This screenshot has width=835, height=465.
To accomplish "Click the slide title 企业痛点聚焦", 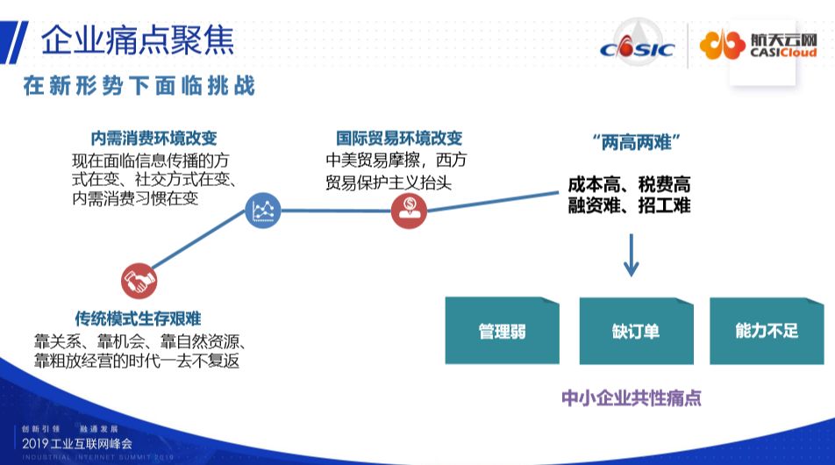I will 137,39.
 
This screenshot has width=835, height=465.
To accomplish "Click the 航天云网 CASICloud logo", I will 760,45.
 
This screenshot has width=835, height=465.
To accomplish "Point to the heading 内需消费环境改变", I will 153,139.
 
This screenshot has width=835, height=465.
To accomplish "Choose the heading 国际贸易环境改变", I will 399,139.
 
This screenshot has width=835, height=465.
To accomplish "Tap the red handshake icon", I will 139,280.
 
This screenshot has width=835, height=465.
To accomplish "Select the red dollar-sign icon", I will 409,210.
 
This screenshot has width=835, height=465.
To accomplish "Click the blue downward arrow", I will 631,256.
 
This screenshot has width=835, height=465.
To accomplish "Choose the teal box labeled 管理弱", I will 502,331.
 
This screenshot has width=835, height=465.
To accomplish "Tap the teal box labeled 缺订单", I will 635,331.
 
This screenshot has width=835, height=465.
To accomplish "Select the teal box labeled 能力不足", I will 767,331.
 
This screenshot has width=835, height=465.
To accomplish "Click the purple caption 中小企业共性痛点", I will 632,397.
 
